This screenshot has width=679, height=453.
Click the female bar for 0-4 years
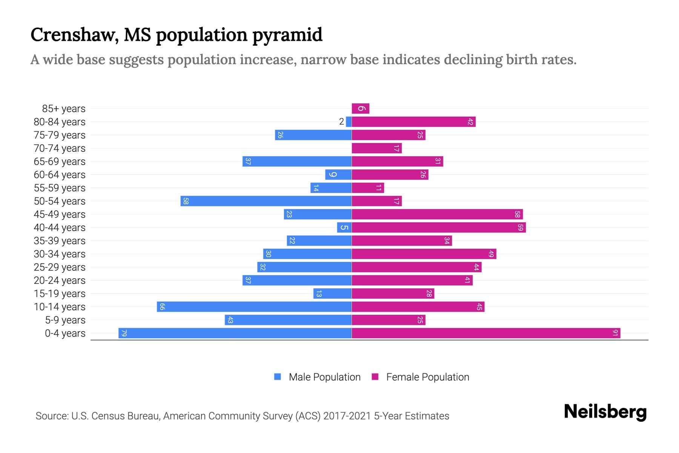[486, 333]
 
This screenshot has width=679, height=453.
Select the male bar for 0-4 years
[235, 333]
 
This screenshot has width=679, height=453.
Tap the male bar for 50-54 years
[266, 201]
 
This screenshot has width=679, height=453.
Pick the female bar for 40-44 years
[439, 228]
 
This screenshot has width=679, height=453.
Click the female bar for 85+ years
[360, 109]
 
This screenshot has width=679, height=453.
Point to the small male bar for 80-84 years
[349, 122]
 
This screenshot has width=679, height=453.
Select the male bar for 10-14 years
[254, 307]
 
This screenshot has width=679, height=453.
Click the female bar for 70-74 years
[376, 148]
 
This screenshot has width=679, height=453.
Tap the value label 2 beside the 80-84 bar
[341, 122]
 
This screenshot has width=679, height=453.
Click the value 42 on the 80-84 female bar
[470, 122]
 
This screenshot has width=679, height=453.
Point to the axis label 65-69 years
[60, 162]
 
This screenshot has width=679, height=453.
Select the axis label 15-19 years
[60, 294]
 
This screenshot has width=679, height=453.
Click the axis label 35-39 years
[60, 241]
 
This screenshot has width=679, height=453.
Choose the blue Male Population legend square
[278, 377]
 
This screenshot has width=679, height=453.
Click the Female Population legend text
[427, 377]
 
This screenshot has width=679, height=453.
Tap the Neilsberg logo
[605, 412]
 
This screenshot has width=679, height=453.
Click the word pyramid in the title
[287, 35]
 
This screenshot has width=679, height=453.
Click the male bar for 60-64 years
[338, 175]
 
